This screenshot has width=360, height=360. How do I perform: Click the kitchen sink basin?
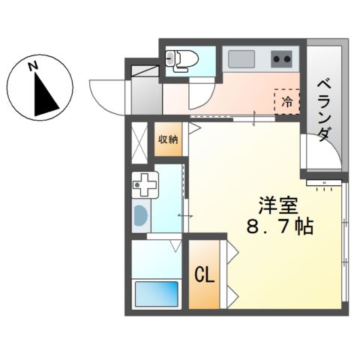point(242,58)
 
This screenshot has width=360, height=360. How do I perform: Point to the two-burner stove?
point(282,58)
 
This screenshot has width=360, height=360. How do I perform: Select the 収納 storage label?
point(168,139)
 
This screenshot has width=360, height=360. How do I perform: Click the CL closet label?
point(205,275)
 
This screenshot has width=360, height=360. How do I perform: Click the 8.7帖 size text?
point(279,226)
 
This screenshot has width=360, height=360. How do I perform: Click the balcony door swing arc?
point(319,154)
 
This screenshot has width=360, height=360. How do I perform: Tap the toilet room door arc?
point(199,93)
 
